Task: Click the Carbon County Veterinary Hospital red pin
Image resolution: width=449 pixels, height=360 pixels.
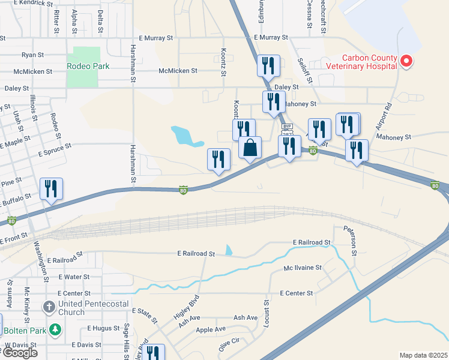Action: click(x=406, y=61)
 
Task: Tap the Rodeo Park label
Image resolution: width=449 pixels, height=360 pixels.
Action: click(x=88, y=66)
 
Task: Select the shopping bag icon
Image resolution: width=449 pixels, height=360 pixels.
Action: click(x=250, y=148)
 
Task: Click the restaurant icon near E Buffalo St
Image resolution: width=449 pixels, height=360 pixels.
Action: click(x=51, y=189)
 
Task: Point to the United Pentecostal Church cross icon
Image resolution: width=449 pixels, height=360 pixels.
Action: click(x=50, y=308)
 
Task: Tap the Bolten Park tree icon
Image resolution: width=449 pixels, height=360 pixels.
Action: click(x=55, y=329)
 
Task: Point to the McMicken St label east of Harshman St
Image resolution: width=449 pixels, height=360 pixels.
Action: click(x=178, y=71)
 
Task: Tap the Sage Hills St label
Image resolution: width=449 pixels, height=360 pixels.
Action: click(x=127, y=341)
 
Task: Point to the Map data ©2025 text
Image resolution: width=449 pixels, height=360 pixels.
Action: click(x=423, y=355)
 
